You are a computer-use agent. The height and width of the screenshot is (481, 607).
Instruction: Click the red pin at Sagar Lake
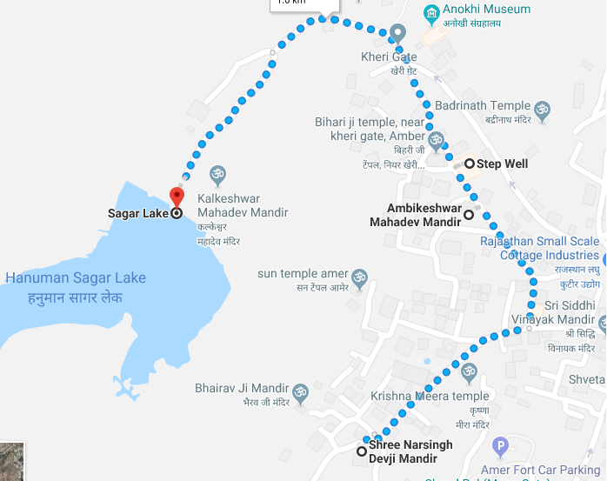(177, 197)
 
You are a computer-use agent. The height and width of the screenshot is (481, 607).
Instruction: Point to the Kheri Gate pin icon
(397, 33)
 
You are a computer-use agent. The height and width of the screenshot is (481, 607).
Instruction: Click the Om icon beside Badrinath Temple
(542, 110)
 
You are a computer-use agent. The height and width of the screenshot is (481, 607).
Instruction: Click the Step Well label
(503, 164)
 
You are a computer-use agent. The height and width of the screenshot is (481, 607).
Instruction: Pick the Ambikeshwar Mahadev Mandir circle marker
(469, 214)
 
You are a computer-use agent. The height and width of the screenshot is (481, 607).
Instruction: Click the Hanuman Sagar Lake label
(76, 278)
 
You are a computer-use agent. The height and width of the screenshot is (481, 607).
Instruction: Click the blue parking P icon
(500, 448)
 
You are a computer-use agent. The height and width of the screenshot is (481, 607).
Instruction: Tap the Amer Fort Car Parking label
(557, 446)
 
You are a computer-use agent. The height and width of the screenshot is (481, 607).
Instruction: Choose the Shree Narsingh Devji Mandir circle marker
(362, 451)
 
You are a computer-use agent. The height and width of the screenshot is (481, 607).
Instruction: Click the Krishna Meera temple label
(430, 397)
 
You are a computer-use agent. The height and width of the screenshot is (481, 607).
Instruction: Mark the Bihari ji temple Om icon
(435, 141)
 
